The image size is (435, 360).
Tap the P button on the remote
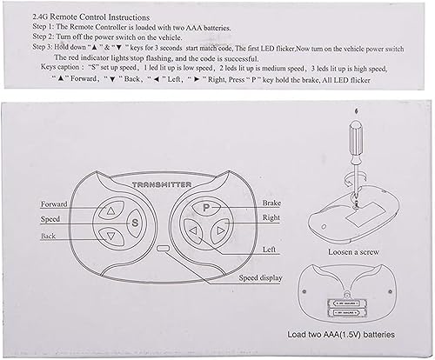pyautogui.click(x=206, y=209)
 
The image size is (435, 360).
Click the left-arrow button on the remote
pyautogui.click(x=190, y=230)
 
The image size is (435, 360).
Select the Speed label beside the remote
pyautogui.click(x=50, y=220)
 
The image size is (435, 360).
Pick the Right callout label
pyautogui.click(x=271, y=217)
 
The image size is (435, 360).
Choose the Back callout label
pyautogui.click(x=49, y=236)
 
